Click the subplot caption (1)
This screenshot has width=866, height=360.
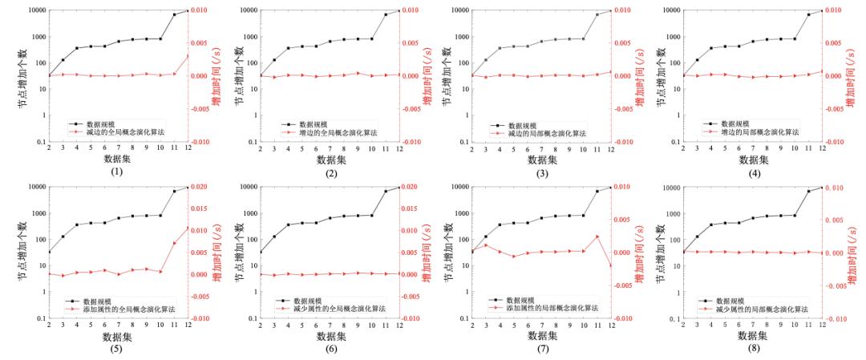pos(118,172)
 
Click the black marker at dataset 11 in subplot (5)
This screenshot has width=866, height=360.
pos(174,191)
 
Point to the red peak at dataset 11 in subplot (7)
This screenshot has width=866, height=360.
pos(597,237)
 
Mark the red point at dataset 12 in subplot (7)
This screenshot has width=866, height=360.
pos(611,265)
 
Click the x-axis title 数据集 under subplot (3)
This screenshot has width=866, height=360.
pos(541,160)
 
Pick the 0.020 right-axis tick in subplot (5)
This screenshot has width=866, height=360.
pos(202,187)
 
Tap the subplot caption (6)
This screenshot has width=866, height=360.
pos(330,348)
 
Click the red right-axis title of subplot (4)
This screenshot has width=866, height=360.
pos(852,76)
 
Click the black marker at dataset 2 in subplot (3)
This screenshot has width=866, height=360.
pos(471,75)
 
